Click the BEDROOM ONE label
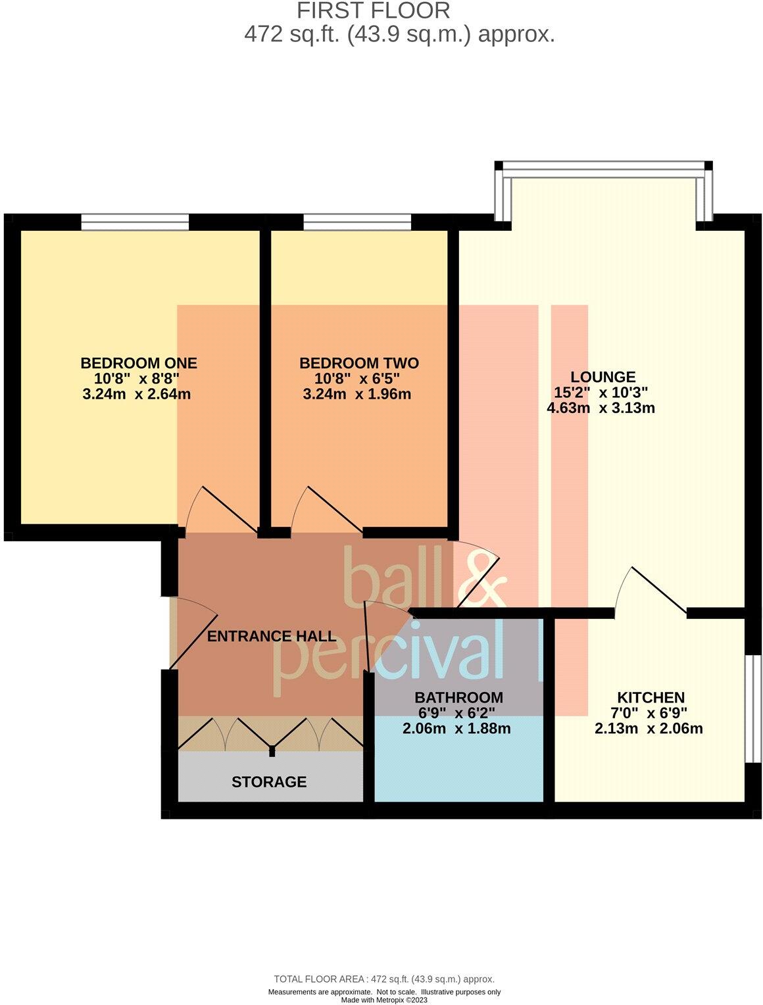139,363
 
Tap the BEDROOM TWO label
358,363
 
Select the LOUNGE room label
603,377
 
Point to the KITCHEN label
651,697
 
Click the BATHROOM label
458,697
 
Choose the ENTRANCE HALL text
272,636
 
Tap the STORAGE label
269,782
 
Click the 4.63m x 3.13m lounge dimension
601,408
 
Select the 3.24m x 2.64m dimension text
137,395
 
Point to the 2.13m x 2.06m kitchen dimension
649,729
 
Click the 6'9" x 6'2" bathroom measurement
456,713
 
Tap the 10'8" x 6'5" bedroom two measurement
357,379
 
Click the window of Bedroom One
135,223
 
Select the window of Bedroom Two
357,223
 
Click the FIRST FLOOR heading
373,11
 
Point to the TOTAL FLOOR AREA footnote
383,979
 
